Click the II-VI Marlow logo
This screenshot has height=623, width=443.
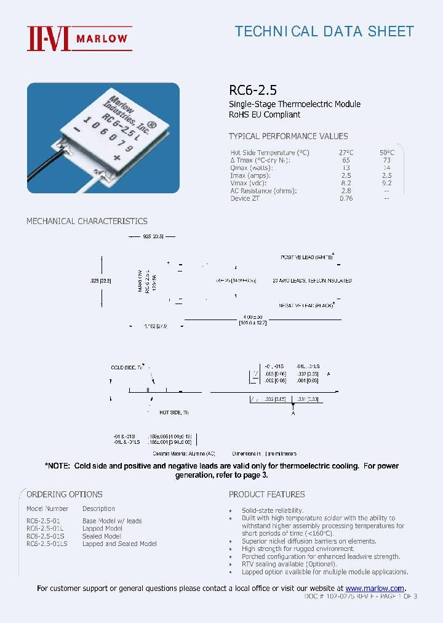(78, 38)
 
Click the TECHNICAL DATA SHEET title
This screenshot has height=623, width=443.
(324, 31)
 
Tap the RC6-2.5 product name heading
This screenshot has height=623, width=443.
(249, 90)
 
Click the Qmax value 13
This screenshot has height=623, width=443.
(346, 168)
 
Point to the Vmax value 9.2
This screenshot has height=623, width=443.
(387, 183)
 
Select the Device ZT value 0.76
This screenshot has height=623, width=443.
(346, 198)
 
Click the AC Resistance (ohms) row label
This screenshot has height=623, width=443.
(263, 191)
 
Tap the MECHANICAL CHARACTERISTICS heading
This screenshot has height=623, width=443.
(87, 221)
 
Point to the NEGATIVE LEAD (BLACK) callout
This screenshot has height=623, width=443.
(306, 305)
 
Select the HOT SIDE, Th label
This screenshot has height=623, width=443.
(174, 412)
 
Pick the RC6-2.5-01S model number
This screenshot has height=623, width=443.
(44, 536)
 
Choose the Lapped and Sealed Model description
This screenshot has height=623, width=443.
(119, 544)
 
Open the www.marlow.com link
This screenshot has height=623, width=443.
(375, 589)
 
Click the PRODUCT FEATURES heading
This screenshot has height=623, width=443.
(266, 494)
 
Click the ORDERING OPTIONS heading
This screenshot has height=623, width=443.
(64, 494)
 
